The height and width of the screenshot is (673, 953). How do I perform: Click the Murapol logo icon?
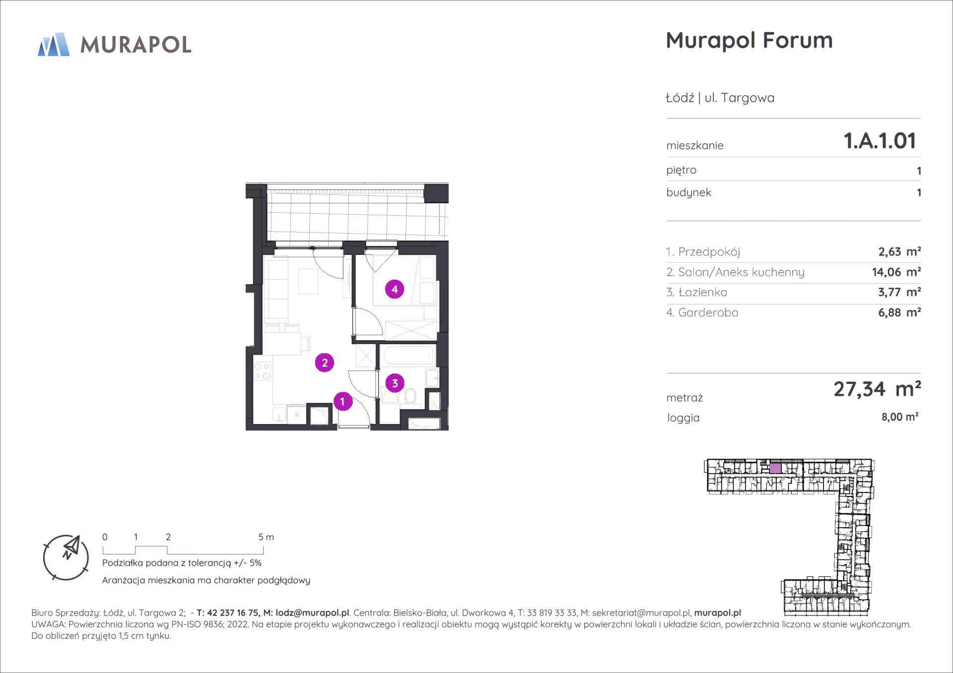pos(54,44)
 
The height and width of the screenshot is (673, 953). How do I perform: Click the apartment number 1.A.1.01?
pos(880,141)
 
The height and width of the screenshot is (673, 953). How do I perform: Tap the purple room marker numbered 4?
pos(395,289)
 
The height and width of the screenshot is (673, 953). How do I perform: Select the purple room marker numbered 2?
pos(325,363)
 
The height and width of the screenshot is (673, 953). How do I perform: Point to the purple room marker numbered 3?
pos(395,383)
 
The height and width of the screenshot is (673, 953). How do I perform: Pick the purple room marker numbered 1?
pos(342,401)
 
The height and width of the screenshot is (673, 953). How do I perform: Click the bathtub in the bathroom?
pos(408,356)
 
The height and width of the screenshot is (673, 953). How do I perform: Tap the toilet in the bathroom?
pos(410,396)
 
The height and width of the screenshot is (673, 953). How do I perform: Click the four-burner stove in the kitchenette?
pos(262,371)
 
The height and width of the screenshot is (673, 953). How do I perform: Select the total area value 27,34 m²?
pos(877,389)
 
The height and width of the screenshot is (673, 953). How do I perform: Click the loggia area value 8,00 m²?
pos(900,417)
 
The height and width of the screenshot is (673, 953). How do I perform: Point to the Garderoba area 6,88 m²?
pos(899,312)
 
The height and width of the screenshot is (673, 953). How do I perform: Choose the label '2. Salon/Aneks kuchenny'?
pos(735,272)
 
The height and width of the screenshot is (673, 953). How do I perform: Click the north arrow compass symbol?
pos(66,557)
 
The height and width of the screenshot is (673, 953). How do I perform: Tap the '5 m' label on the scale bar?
pos(266,537)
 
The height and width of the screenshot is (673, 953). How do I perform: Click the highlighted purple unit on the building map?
pos(775,468)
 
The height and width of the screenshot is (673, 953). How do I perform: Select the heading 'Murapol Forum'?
pos(749,41)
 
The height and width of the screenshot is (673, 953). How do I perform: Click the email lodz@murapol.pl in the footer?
pos(312,613)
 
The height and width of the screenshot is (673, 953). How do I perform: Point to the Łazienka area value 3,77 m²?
pos(899,292)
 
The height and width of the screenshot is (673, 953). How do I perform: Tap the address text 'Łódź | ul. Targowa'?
pos(720,98)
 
